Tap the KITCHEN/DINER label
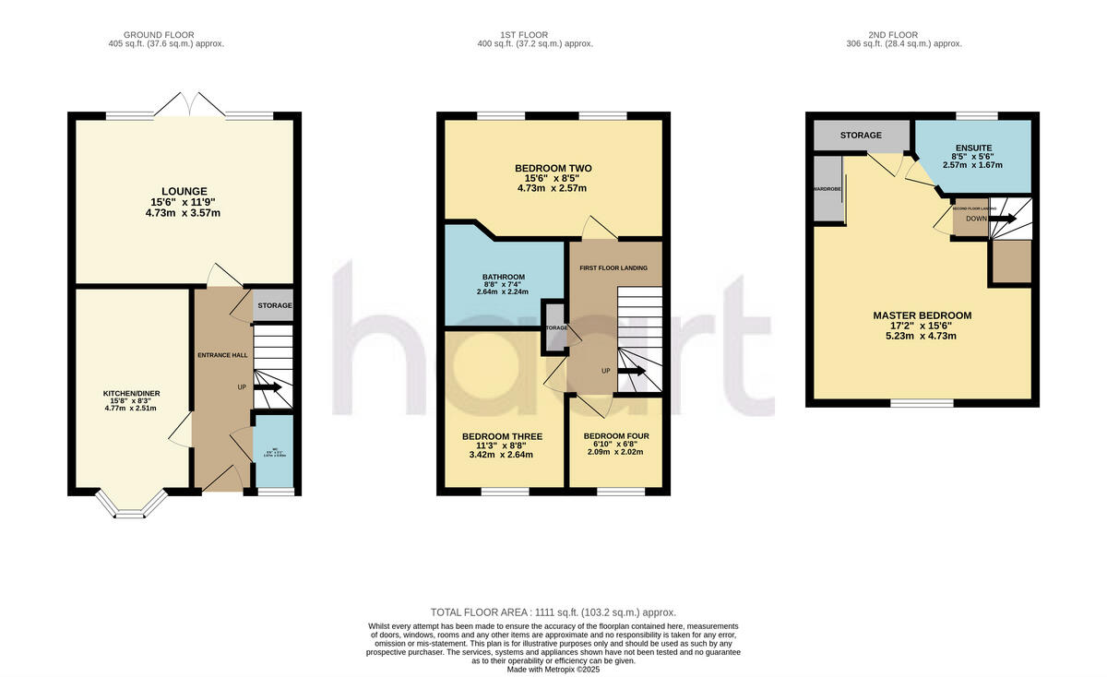pyautogui.click(x=130, y=394)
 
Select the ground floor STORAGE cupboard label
pyautogui.click(x=274, y=305)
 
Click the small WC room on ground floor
pyautogui.click(x=273, y=451)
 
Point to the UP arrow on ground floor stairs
pyautogui.click(x=268, y=387)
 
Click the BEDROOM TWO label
pyautogui.click(x=553, y=168)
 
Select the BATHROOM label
pyautogui.click(x=503, y=277)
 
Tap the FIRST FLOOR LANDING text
pyautogui.click(x=613, y=268)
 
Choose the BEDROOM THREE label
pyautogui.click(x=502, y=436)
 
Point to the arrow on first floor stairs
pyautogui.click(x=632, y=371)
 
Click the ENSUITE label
pyautogui.click(x=973, y=148)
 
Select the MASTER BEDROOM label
pyautogui.click(x=922, y=315)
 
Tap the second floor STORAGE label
pyautogui.click(x=860, y=136)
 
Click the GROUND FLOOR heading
pyautogui.click(x=165, y=34)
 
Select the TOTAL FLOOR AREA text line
pyautogui.click(x=553, y=612)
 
